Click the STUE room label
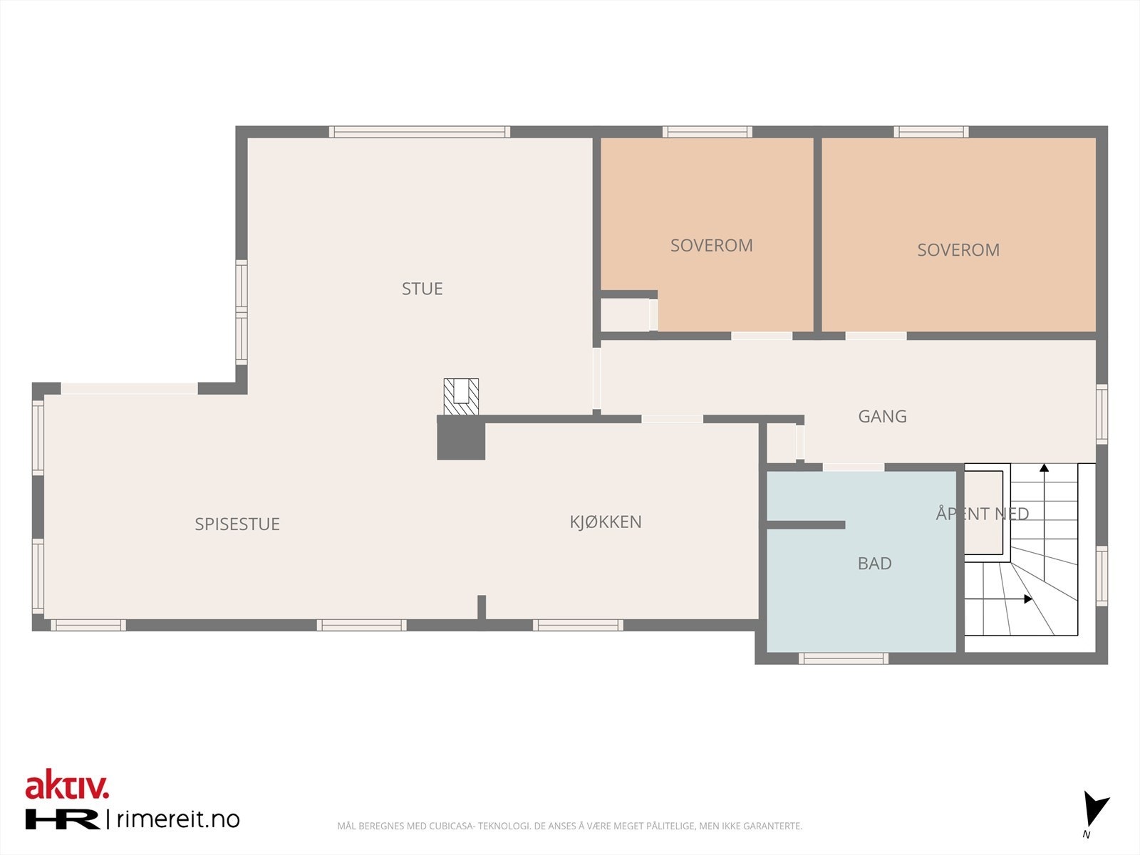click(x=423, y=289)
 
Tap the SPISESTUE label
click(x=237, y=524)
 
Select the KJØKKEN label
click(x=606, y=522)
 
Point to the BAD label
click(x=875, y=564)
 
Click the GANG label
click(x=882, y=416)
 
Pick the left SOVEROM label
click(x=712, y=246)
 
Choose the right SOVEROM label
click(x=958, y=250)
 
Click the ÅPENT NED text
click(x=982, y=514)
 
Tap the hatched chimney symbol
click(x=461, y=397)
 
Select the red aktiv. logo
click(x=67, y=784)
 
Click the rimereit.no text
click(x=178, y=819)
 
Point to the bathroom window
click(x=844, y=659)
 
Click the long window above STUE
click(x=420, y=132)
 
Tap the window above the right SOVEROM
click(x=931, y=132)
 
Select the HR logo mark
click(x=62, y=819)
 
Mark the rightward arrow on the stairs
click(x=998, y=599)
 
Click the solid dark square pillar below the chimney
click(x=461, y=437)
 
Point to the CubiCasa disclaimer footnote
click(x=570, y=826)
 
